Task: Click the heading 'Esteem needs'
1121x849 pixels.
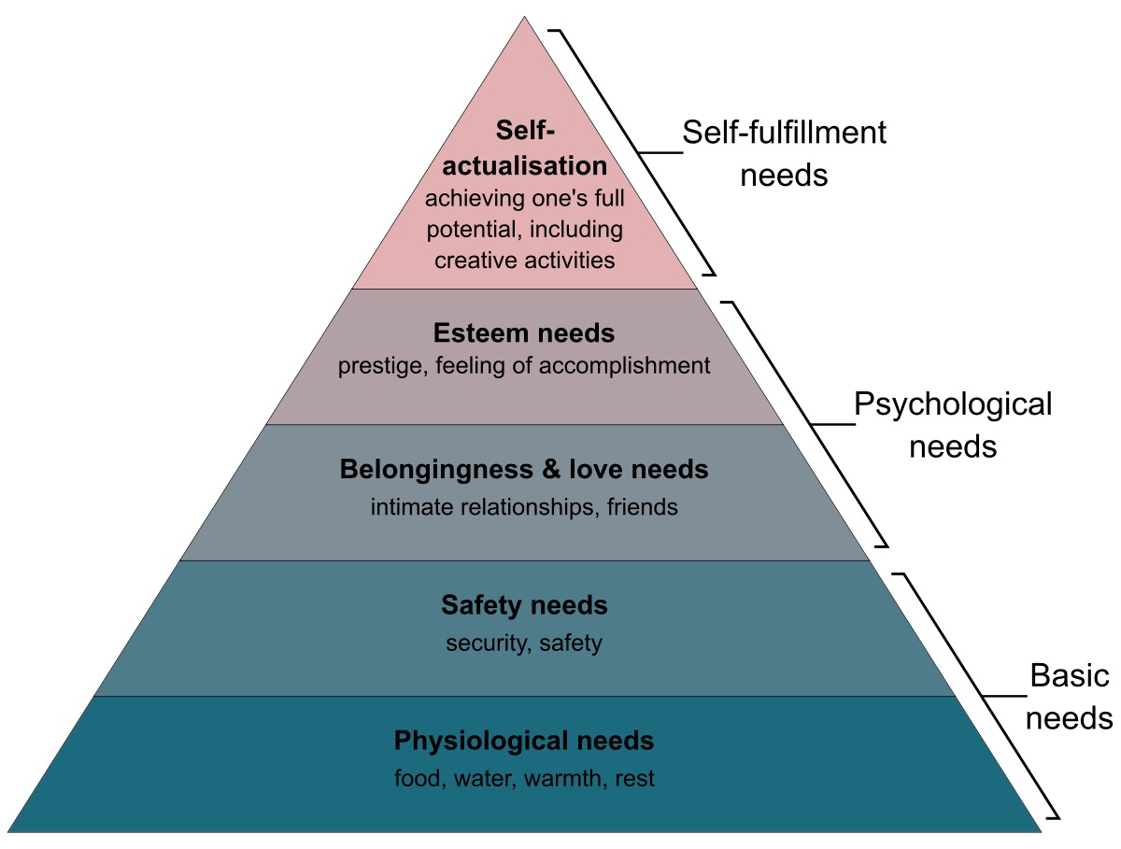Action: click(524, 333)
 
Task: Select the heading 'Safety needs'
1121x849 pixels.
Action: click(524, 605)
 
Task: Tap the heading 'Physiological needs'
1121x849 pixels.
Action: click(524, 742)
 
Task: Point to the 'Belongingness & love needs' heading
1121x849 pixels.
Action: click(524, 469)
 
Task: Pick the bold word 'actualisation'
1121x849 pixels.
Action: click(525, 166)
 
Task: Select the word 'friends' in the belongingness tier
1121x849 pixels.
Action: click(642, 508)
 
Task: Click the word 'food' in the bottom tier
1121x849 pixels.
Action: click(416, 779)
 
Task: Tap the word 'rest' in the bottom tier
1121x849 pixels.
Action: click(635, 779)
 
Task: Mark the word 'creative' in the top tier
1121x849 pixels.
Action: click(475, 260)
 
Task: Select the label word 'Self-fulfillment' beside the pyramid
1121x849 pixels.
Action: click(784, 133)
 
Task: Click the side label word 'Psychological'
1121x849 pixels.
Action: click(953, 404)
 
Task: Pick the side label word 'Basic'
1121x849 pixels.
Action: click(1069, 676)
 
